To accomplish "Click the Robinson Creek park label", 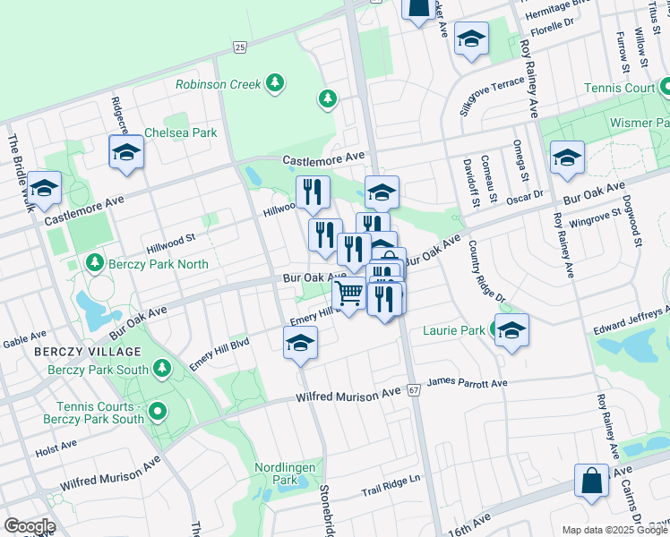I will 218,84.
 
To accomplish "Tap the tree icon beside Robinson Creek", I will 276,84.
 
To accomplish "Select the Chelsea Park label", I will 187,132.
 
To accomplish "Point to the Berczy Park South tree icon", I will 162,368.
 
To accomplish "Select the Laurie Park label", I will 460,330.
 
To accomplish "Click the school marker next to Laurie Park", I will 511,330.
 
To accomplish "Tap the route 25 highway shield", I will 238,47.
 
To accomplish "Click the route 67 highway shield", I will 413,390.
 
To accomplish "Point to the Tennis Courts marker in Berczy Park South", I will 158,412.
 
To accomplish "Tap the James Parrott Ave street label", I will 467,383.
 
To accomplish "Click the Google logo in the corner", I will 29,526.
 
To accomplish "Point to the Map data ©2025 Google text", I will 614,530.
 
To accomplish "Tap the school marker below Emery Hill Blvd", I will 300,343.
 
